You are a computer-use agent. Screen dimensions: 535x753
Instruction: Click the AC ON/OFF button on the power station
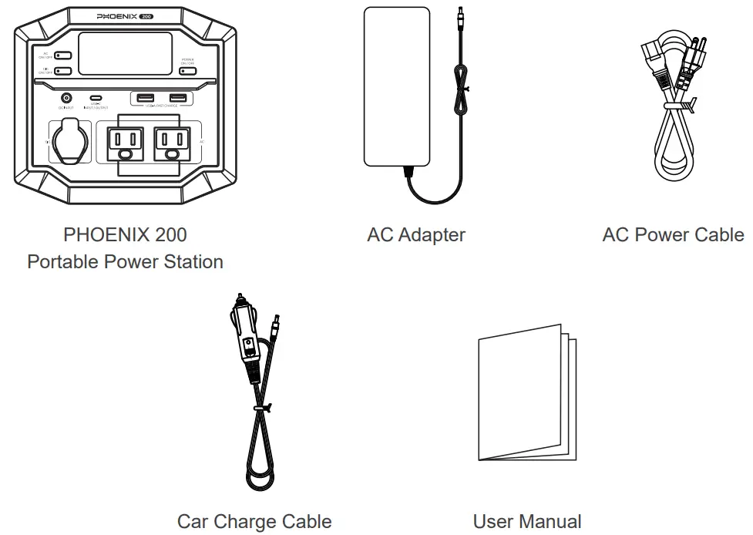pyautogui.click(x=62, y=56)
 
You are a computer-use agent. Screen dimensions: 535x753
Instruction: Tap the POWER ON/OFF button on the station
pyautogui.click(x=187, y=71)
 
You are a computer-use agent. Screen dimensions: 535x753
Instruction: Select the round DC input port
pyautogui.click(x=66, y=98)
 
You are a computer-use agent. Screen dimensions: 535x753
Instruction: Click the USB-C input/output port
pyautogui.click(x=96, y=98)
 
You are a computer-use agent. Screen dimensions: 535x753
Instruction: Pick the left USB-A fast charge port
pyautogui.click(x=145, y=97)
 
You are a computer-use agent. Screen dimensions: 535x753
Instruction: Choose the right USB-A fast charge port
pyautogui.click(x=177, y=97)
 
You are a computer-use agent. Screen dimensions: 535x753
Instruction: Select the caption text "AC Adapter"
pyautogui.click(x=416, y=234)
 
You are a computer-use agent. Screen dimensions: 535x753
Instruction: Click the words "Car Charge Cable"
pyautogui.click(x=254, y=522)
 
